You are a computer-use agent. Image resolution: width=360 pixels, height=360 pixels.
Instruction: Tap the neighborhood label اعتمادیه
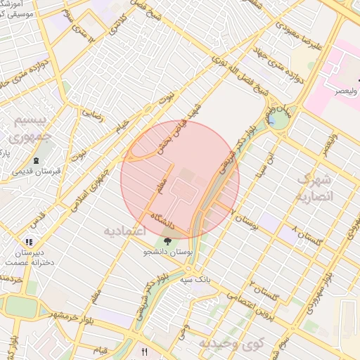click(x=124, y=231)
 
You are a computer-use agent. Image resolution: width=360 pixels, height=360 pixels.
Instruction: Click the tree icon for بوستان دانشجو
click(x=167, y=242)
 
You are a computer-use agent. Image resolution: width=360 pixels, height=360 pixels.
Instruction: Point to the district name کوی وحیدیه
click(x=229, y=344)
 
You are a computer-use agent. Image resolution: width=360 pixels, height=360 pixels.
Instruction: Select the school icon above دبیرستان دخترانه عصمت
click(x=29, y=242)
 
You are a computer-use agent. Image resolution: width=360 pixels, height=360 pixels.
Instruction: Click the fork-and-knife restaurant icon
click(x=145, y=351)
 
